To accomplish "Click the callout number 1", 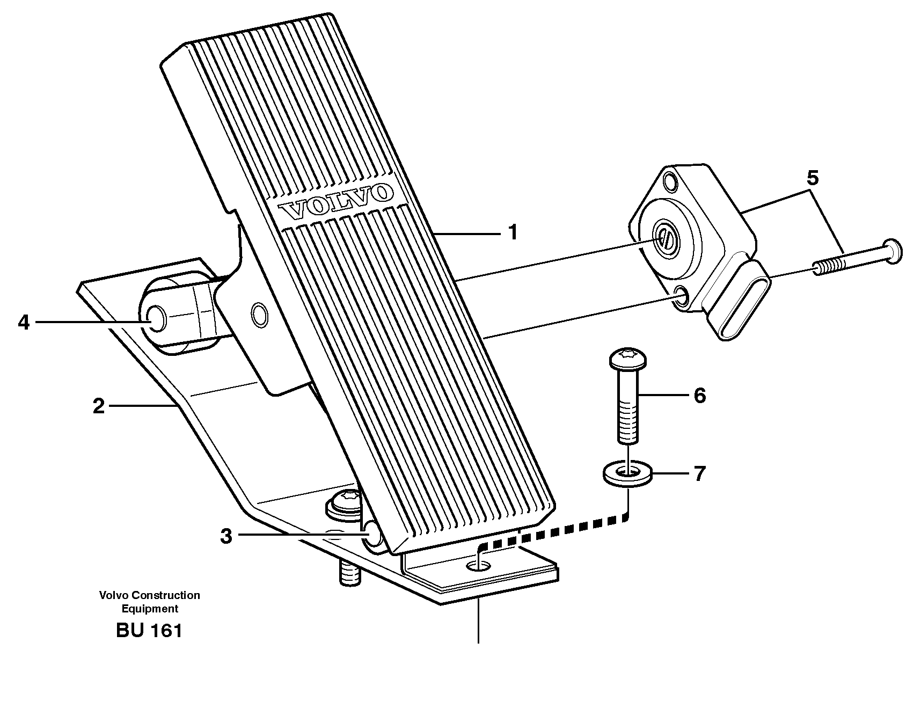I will click(513, 233).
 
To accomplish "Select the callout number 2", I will click(98, 407).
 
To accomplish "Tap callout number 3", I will click(226, 536).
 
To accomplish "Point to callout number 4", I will click(24, 323).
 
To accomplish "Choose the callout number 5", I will click(813, 178).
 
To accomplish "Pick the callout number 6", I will click(699, 396).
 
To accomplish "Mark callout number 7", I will click(699, 474).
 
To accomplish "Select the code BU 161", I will click(149, 631).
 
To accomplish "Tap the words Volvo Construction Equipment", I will click(149, 602).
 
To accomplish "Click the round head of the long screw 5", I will click(893, 251).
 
